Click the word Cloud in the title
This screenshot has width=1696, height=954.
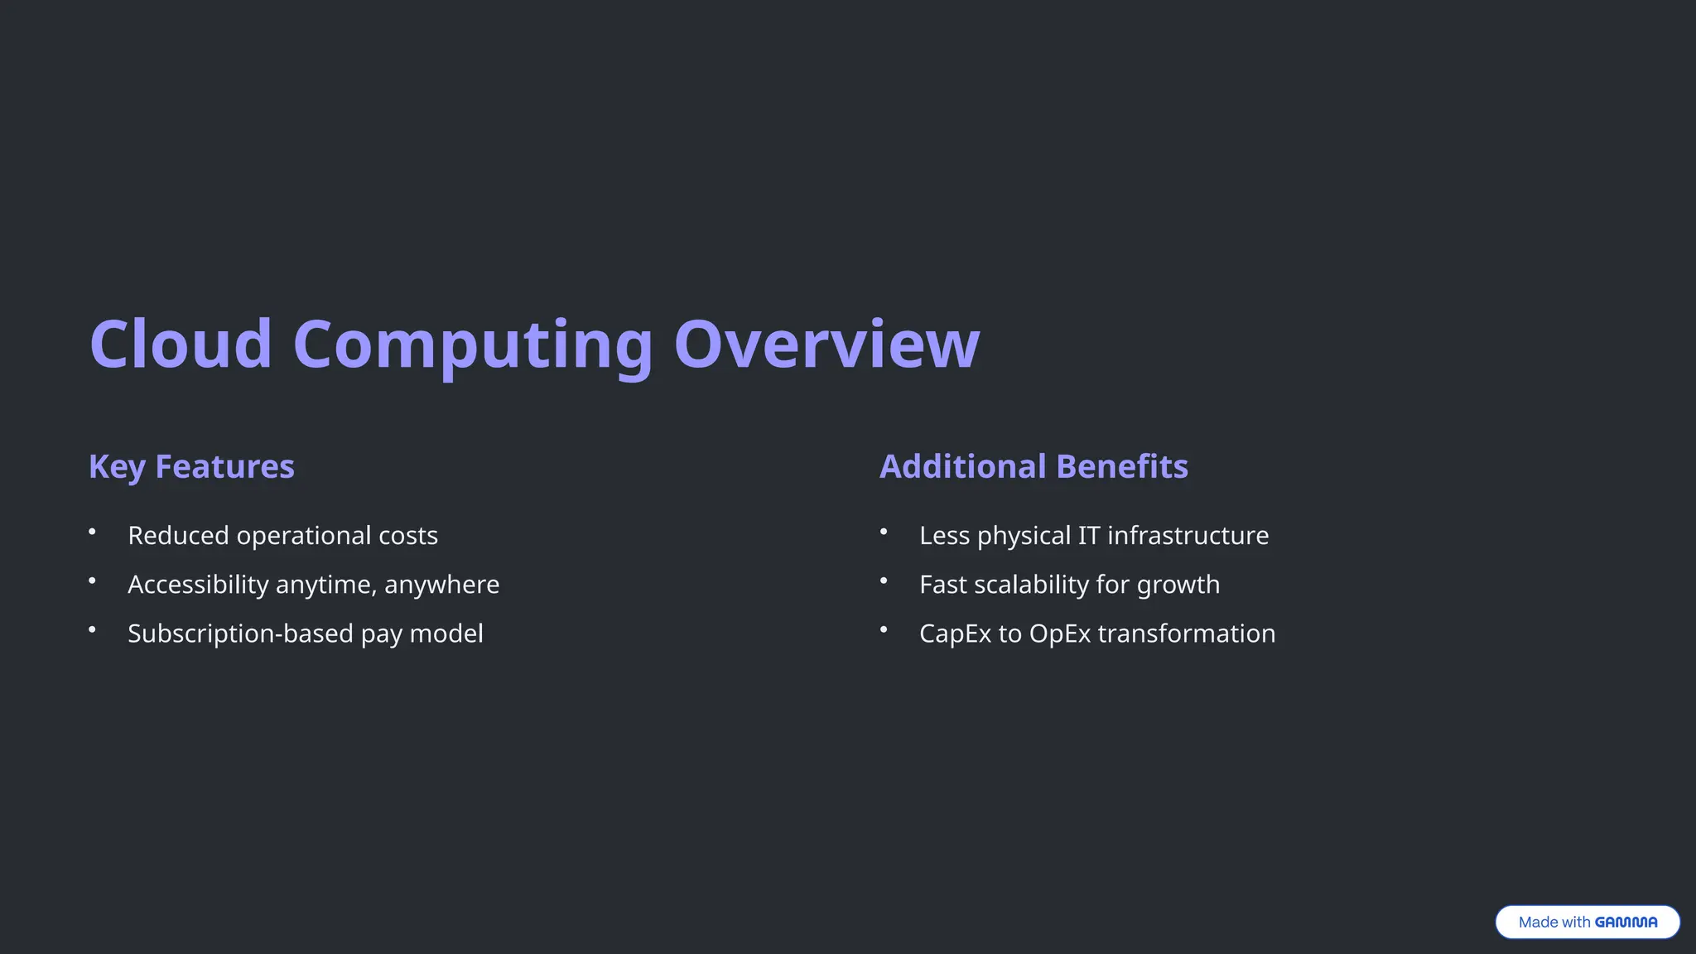coord(181,344)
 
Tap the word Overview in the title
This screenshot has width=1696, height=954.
coord(826,344)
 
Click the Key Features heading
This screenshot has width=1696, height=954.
coord(191,466)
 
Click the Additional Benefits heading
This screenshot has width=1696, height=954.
coord(1033,466)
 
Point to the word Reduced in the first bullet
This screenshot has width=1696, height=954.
coord(178,536)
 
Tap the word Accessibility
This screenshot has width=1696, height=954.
coord(198,585)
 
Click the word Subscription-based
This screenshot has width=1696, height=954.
coord(240,634)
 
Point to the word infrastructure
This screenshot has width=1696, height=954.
coord(1188,536)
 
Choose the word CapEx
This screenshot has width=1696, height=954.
coord(955,634)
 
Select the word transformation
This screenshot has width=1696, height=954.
coord(1186,634)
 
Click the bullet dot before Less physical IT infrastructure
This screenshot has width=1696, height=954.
coord(884,532)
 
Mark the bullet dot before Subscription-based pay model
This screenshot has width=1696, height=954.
coord(92,629)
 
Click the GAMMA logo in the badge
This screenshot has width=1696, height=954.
coord(1626,922)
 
